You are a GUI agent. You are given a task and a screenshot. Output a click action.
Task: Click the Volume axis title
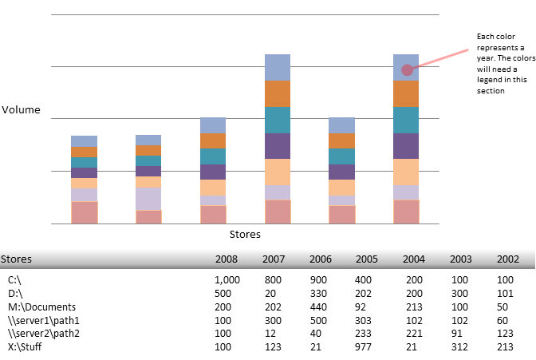(20, 110)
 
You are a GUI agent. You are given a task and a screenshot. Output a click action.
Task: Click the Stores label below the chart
(245, 235)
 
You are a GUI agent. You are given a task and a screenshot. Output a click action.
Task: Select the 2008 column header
(227, 259)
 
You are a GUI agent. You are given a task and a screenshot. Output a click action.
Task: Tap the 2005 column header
(367, 259)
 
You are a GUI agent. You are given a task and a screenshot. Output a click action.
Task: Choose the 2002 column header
(507, 259)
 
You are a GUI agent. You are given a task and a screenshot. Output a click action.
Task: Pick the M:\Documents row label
(41, 306)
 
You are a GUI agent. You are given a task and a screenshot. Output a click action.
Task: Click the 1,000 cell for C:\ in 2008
(227, 280)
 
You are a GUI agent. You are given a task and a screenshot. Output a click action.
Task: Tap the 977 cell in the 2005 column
(367, 344)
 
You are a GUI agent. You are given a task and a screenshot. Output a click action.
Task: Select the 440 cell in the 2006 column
(321, 306)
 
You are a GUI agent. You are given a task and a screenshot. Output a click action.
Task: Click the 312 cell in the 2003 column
(461, 344)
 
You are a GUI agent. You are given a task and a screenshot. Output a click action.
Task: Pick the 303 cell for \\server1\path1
(367, 318)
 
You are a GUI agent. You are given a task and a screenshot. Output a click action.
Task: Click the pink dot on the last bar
(407, 70)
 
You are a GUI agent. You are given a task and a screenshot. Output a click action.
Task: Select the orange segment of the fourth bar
(278, 93)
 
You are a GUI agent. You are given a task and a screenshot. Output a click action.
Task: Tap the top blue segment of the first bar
(84, 141)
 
